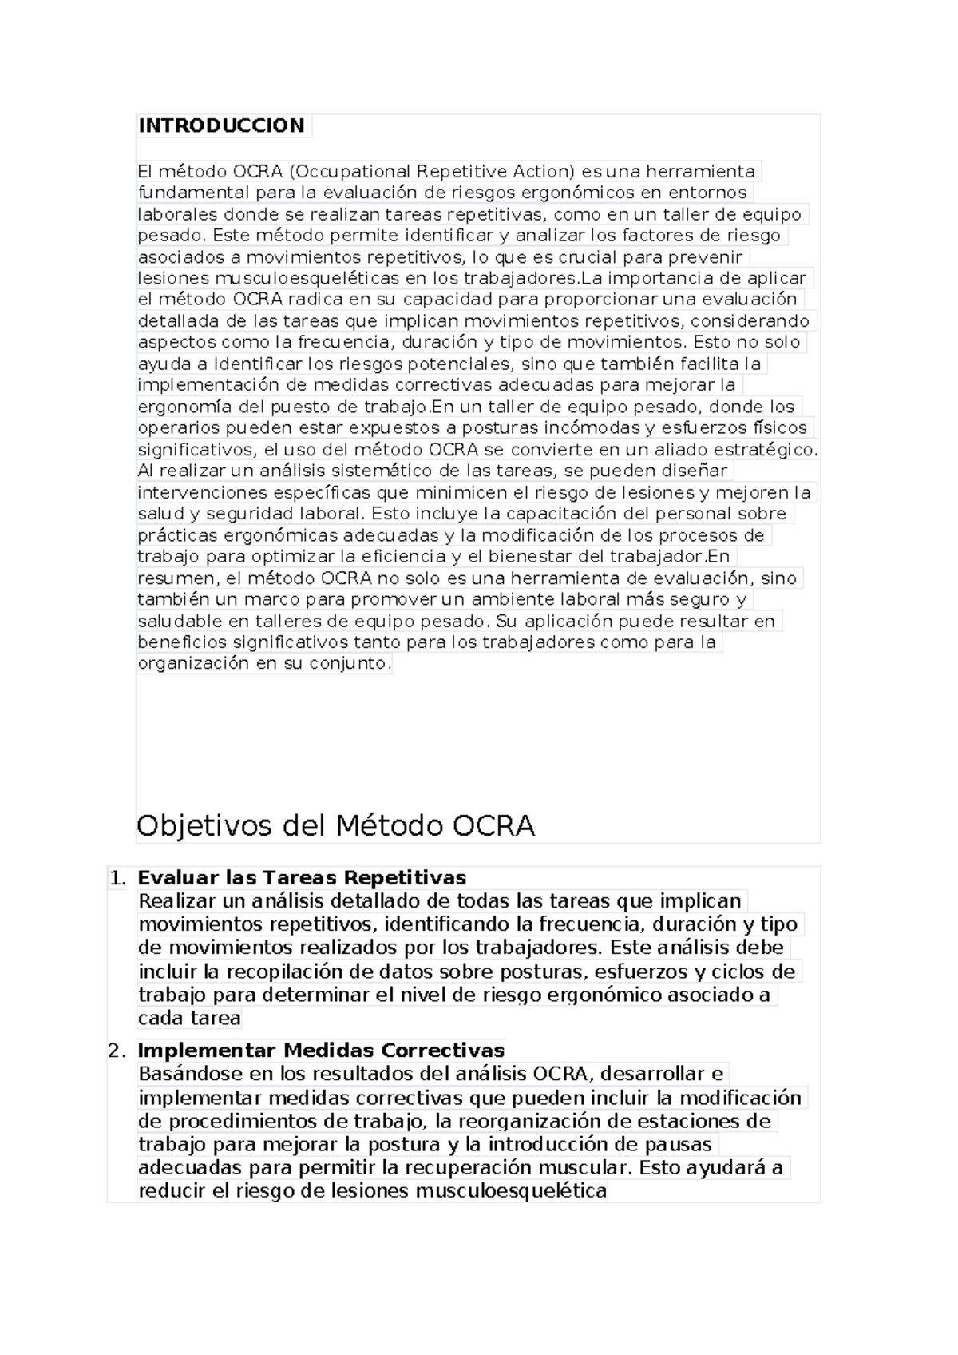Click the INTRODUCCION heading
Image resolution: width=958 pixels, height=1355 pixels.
pos(221,125)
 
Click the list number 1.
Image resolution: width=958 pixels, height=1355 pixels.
pos(117,878)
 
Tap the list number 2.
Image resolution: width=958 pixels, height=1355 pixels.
pos(117,1051)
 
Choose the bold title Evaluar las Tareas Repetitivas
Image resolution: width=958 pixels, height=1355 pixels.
pos(302,878)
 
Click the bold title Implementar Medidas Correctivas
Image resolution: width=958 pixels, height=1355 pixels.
pos(321,1050)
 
